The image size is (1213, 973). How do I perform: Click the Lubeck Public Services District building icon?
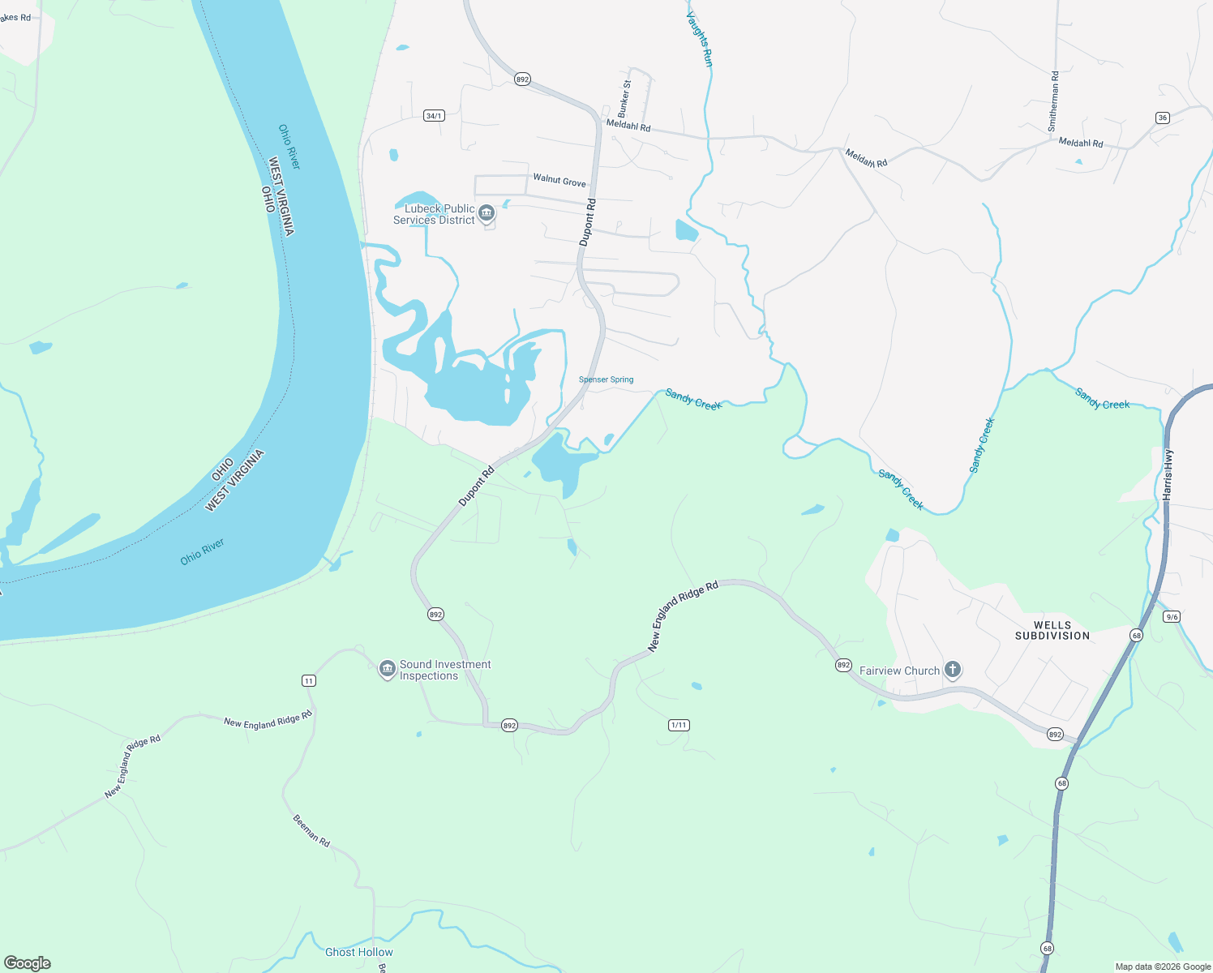486,213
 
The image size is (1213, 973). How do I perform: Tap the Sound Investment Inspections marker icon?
388,669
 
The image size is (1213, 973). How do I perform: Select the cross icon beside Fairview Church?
953,670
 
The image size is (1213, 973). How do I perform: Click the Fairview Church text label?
899,671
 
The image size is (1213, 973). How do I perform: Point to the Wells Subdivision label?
1052,630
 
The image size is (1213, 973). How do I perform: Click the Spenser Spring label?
606,379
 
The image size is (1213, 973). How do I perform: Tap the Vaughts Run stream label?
700,38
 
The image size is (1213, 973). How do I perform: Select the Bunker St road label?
624,98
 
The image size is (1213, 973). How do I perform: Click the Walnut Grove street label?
559,179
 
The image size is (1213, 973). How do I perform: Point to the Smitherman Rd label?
1053,101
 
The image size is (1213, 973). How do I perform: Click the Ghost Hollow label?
358,952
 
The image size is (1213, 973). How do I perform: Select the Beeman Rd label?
311,830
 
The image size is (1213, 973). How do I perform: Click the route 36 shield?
1162,118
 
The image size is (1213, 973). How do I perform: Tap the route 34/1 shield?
434,116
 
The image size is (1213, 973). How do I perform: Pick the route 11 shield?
308,680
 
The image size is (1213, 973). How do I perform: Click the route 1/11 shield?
679,725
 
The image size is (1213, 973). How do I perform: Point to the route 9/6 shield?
1171,617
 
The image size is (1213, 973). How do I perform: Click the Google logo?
28,963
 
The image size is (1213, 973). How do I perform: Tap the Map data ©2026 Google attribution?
1163,967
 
